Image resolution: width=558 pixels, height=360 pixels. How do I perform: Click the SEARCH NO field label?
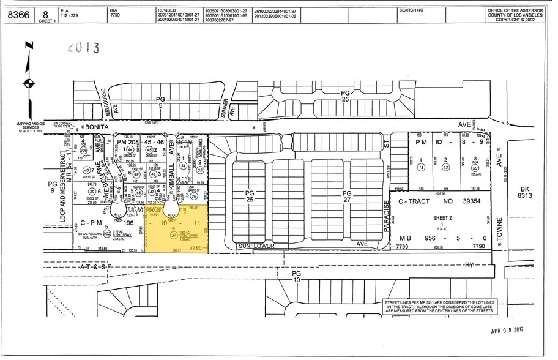pyautogui.click(x=411, y=10)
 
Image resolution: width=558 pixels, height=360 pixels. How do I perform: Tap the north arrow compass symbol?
pyautogui.click(x=28, y=82)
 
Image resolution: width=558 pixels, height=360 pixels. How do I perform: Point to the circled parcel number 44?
pyautogui.click(x=130, y=149)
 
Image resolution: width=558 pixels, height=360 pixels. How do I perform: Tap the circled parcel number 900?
pyautogui.click(x=83, y=149)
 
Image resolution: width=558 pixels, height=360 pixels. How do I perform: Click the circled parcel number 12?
pyautogui.click(x=421, y=167)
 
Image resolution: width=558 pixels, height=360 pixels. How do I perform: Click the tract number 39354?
pyautogui.click(x=467, y=201)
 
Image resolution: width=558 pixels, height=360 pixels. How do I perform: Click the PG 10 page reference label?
pyautogui.click(x=297, y=276)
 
